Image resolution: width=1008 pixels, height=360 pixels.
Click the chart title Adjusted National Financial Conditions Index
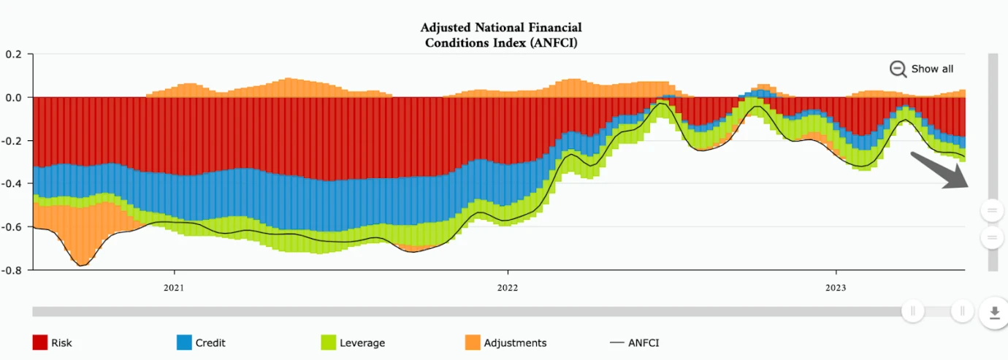[x=501, y=35]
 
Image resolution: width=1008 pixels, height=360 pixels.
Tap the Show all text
[x=932, y=69]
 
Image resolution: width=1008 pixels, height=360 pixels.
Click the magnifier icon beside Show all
[x=898, y=69]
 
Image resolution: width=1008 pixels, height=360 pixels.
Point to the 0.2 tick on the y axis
[x=15, y=54]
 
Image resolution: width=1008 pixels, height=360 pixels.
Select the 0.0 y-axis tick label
[x=15, y=97]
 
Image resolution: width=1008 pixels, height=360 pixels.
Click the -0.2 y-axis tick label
[x=13, y=140]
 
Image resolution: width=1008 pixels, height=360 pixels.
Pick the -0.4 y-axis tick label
[x=13, y=183]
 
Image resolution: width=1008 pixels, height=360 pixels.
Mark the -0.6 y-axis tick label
[x=13, y=226]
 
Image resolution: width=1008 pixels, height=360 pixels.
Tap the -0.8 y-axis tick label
[x=13, y=269]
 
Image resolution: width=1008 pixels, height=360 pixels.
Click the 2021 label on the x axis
[x=174, y=288]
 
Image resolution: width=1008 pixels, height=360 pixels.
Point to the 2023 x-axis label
[x=836, y=288]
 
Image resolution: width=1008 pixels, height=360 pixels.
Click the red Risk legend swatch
[x=39, y=342]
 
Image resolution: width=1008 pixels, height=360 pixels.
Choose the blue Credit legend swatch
[x=184, y=342]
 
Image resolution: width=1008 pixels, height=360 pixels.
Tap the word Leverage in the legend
[x=362, y=342]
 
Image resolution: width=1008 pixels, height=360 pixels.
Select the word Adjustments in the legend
[x=515, y=342]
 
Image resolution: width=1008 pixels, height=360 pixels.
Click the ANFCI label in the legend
[x=644, y=342]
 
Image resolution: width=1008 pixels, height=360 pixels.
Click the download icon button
[x=993, y=313]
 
